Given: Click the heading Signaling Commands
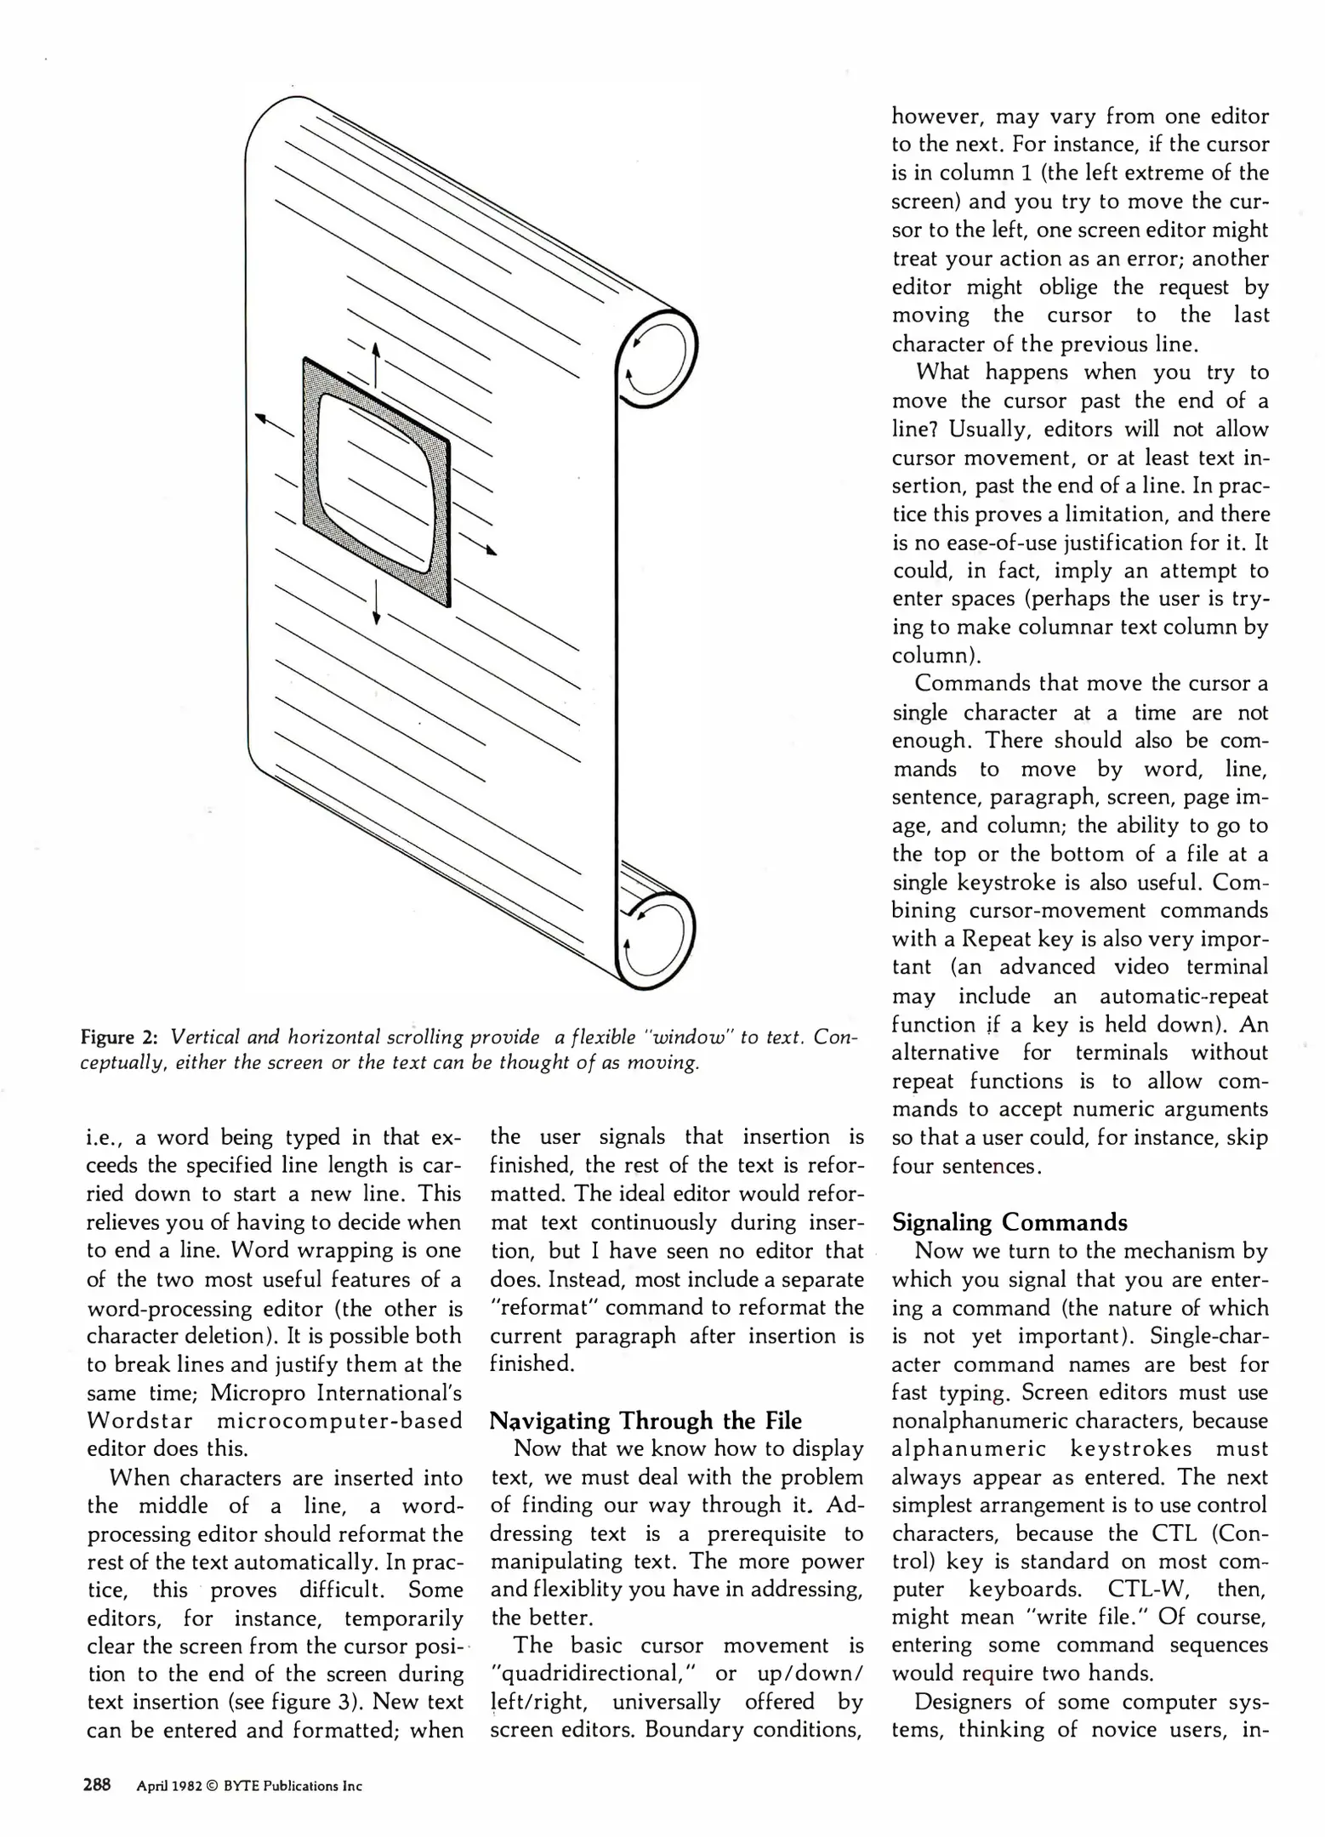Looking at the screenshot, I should pyautogui.click(x=1009, y=1222).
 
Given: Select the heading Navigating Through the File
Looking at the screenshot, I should pyautogui.click(x=645, y=1421).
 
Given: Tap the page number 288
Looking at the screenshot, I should pyautogui.click(x=97, y=1785).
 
